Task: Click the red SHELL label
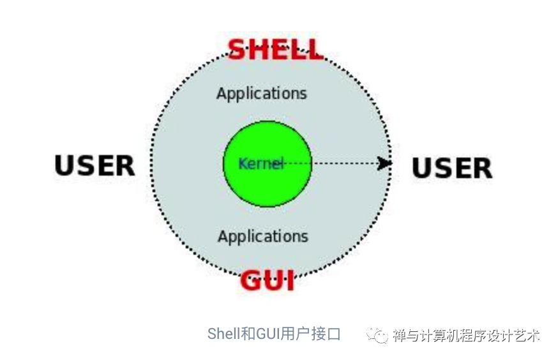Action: (x=275, y=49)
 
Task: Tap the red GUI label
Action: (x=268, y=280)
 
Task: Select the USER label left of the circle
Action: (x=94, y=165)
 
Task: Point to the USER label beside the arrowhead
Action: (x=451, y=168)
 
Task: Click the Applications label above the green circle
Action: (x=262, y=94)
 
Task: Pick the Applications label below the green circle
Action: (x=262, y=237)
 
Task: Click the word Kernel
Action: (x=260, y=164)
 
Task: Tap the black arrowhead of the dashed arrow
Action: (x=384, y=163)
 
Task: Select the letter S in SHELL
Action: (x=238, y=49)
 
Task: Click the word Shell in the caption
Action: (x=223, y=334)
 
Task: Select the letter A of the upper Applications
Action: (x=222, y=94)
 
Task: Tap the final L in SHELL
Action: (x=313, y=49)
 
